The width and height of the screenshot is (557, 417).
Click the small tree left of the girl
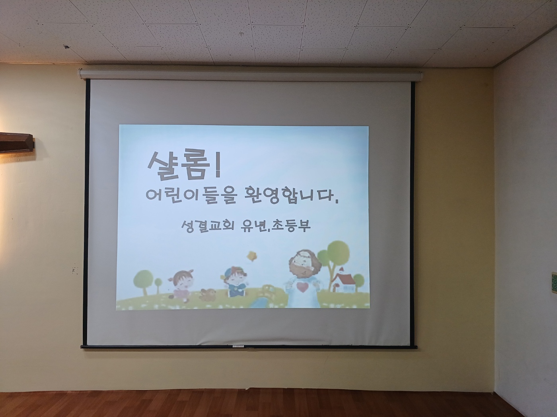pyautogui.click(x=158, y=285)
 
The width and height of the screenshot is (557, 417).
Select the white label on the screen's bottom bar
pyautogui.click(x=238, y=346)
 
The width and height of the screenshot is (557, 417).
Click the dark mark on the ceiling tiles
pyautogui.click(x=66, y=47)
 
